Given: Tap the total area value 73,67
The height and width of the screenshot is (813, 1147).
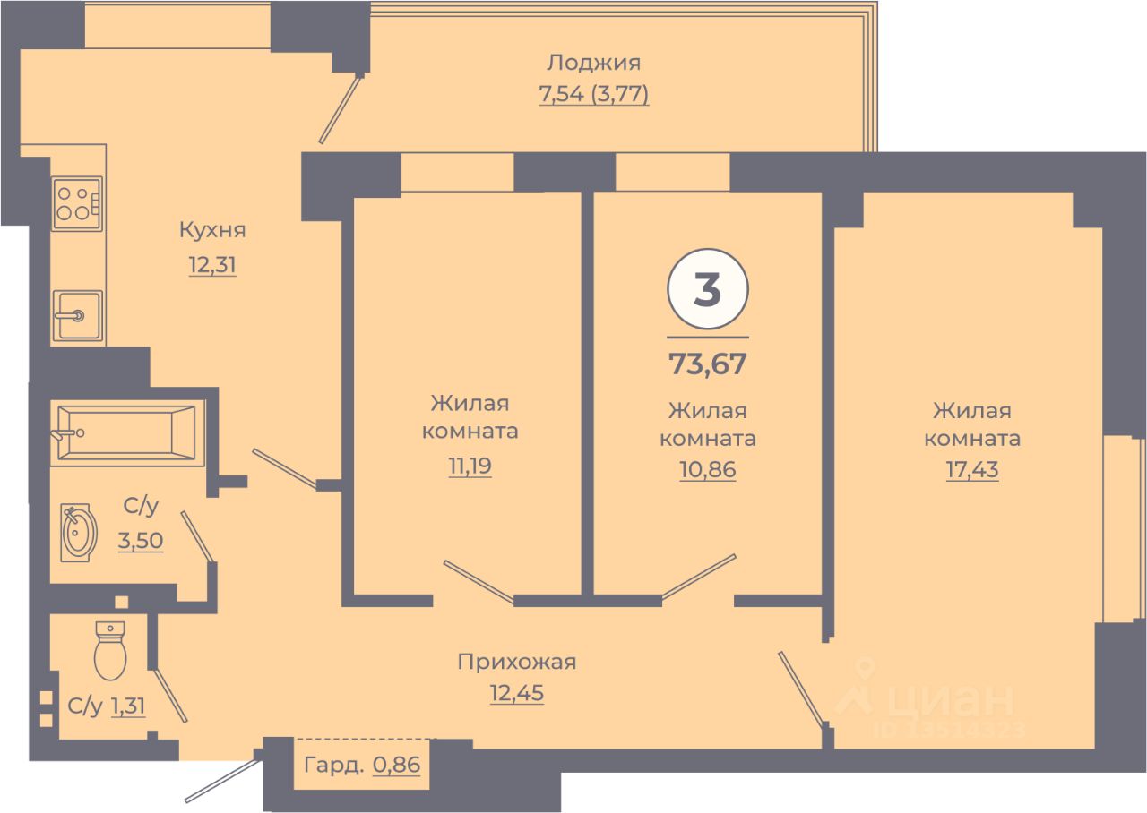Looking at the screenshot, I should tap(707, 364).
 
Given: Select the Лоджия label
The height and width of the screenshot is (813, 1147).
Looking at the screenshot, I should tap(593, 63).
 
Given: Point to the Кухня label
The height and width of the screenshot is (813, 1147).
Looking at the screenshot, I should tap(212, 230).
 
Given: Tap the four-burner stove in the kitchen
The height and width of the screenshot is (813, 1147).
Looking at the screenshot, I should tap(75, 203).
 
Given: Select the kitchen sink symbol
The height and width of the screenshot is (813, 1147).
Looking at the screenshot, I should tap(77, 315).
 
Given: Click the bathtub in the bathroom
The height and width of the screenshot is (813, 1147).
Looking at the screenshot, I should tap(125, 433).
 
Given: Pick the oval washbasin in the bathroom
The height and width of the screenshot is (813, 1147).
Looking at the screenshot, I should tap(78, 532).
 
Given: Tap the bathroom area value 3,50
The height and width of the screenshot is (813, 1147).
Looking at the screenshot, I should tap(141, 541).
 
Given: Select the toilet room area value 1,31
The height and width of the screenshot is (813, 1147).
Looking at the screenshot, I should tap(128, 706).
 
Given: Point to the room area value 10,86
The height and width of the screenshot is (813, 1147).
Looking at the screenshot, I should tap(707, 471).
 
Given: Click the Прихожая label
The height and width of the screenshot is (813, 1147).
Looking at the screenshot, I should tap(516, 663).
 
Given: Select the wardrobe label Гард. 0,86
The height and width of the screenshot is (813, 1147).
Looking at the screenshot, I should tap(362, 766).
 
